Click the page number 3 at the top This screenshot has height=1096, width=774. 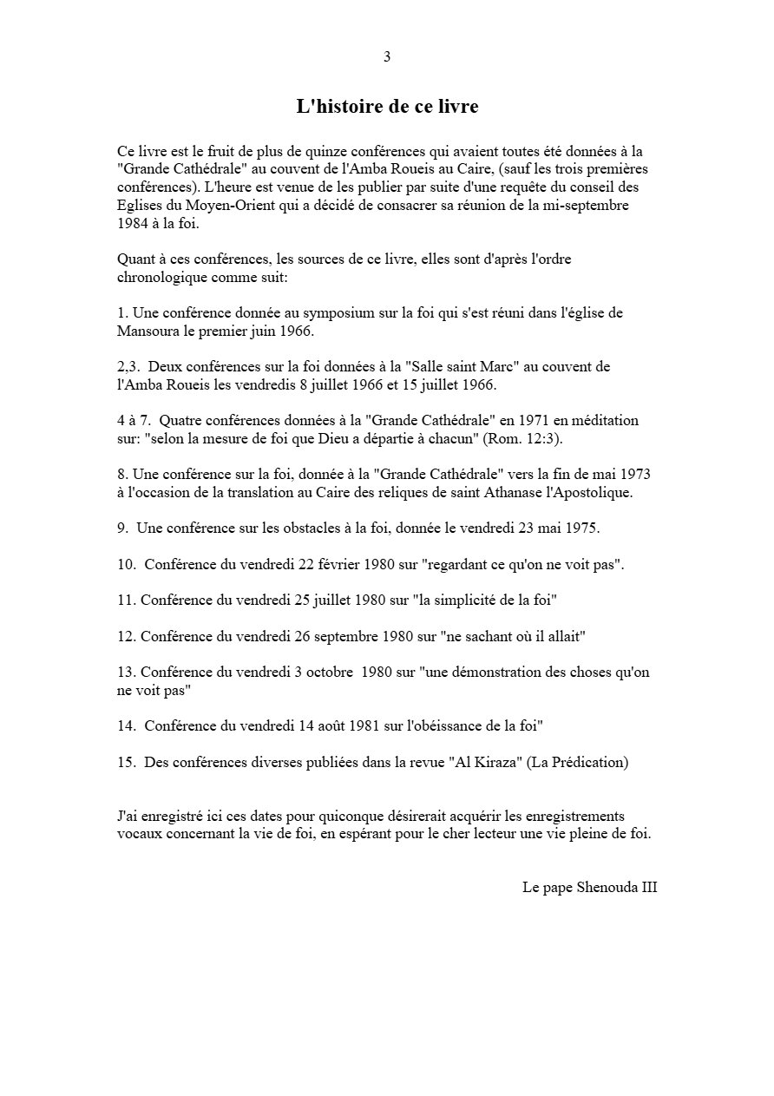(x=387, y=57)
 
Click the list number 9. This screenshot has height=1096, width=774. (x=121, y=528)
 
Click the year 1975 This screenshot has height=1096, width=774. (x=581, y=528)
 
